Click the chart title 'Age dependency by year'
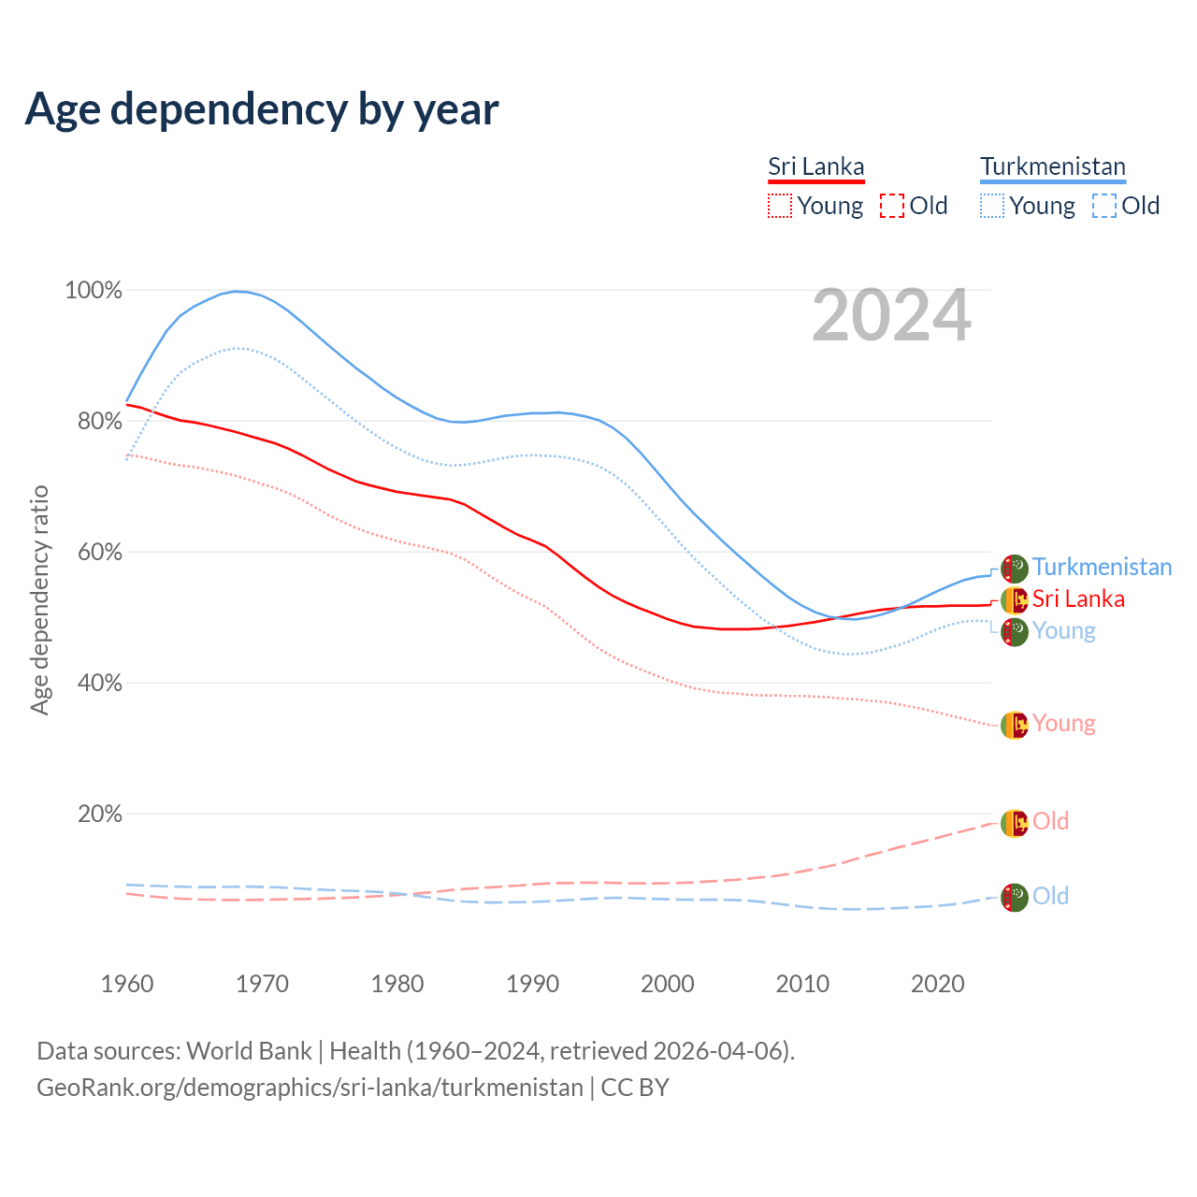coord(262,108)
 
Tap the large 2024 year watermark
coord(891,316)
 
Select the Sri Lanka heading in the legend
coord(815,166)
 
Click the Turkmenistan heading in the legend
coord(1053,166)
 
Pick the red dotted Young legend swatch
coord(780,206)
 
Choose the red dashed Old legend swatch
coord(892,206)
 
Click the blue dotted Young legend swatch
coord(992,206)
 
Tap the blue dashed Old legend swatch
coord(1104,206)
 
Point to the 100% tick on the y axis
coord(94,291)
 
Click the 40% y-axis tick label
coord(99,684)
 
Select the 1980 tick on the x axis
coord(397,984)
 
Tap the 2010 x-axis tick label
coord(802,984)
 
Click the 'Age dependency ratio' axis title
coord(39,599)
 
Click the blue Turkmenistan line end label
coord(1102,567)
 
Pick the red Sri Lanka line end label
coord(1078,598)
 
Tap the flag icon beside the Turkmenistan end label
coord(1015,568)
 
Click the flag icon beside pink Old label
coord(1015,823)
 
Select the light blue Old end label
coord(1050,896)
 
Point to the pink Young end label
coord(1063,723)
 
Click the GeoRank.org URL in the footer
coord(310,1088)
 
